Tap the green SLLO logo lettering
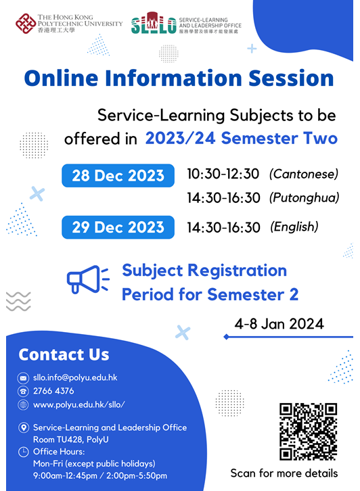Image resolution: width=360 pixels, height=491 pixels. click(x=154, y=26)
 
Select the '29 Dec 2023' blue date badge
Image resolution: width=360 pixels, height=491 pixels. click(x=119, y=227)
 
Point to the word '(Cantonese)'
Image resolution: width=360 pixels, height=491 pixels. click(x=303, y=174)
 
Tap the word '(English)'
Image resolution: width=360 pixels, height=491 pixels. click(x=294, y=227)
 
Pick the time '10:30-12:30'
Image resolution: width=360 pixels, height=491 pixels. click(x=223, y=174)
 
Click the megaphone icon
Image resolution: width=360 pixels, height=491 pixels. click(x=87, y=280)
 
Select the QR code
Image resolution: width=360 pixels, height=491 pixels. click(x=308, y=431)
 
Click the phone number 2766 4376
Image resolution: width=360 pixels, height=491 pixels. click(x=53, y=391)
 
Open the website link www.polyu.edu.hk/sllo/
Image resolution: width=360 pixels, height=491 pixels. click(x=79, y=404)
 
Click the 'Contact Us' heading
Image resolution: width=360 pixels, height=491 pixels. click(x=64, y=355)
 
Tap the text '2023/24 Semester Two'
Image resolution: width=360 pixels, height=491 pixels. click(x=241, y=139)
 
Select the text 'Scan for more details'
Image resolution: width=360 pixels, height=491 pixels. click(x=284, y=473)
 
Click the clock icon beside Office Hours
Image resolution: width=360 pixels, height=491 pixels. click(x=23, y=451)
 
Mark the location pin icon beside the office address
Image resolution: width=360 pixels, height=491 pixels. click(x=23, y=427)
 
